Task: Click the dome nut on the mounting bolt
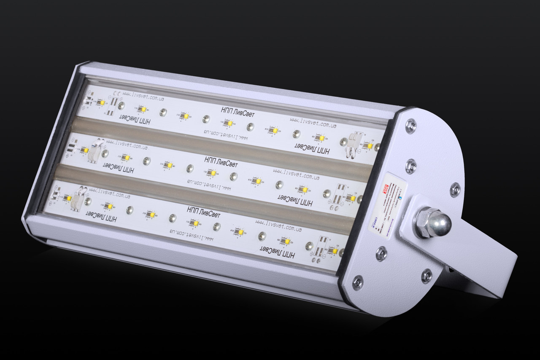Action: [440, 223]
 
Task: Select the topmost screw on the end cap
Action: [410, 125]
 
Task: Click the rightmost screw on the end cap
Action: [455, 190]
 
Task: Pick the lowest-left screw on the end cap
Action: [358, 282]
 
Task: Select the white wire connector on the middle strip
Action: [95, 150]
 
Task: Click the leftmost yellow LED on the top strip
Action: [101, 102]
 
